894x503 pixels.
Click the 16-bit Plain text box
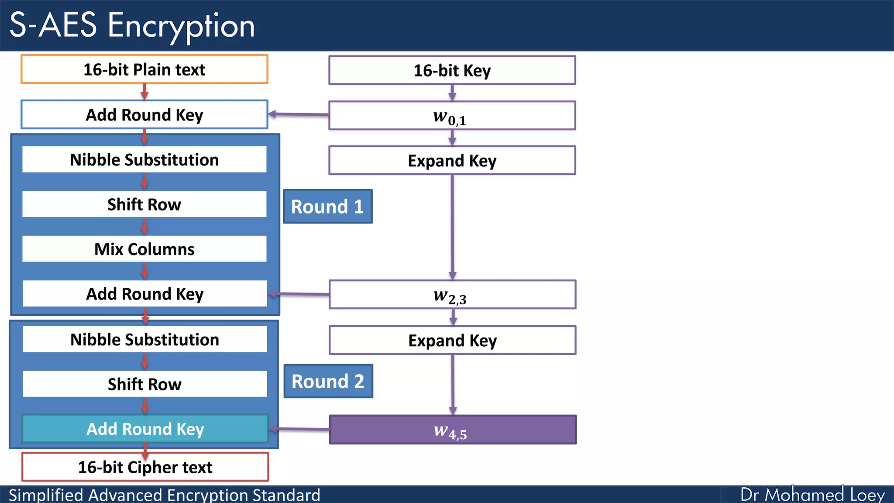click(x=144, y=69)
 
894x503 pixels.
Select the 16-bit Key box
click(x=452, y=70)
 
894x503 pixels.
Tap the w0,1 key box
click(x=452, y=116)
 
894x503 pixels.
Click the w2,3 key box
click(x=452, y=295)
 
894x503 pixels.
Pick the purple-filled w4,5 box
click(x=452, y=430)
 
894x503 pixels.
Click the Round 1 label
click(x=327, y=207)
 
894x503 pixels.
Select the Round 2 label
click(x=328, y=381)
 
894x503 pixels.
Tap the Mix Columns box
click(x=144, y=249)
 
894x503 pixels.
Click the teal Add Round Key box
click(x=145, y=429)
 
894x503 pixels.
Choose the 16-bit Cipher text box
click(x=145, y=467)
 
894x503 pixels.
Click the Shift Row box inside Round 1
click(x=144, y=204)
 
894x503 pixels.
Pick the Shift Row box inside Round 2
click(x=144, y=384)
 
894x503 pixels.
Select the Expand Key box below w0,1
click(x=452, y=161)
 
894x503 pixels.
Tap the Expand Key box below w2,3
click(x=452, y=340)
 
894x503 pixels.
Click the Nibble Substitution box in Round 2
click(x=144, y=339)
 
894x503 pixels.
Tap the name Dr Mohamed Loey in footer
click(x=812, y=495)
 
